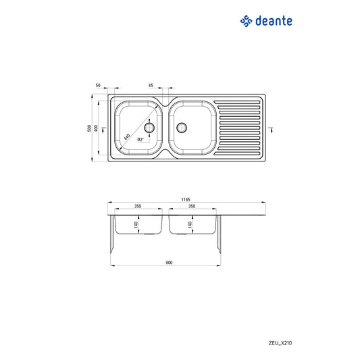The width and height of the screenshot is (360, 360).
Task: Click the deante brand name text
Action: (x=274, y=21)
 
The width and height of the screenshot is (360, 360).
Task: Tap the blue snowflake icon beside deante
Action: (x=247, y=21)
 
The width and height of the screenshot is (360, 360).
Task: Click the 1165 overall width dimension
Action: (x=185, y=200)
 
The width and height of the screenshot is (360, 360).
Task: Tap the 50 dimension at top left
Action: (x=98, y=86)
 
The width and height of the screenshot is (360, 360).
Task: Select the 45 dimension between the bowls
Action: (x=151, y=86)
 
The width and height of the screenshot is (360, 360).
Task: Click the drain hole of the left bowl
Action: (x=150, y=127)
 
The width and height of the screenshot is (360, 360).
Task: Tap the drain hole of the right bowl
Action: (x=180, y=127)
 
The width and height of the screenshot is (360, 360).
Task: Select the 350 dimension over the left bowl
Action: (x=137, y=207)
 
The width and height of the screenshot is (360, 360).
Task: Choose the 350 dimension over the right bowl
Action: (x=192, y=207)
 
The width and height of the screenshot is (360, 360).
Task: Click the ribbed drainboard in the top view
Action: (x=238, y=128)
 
